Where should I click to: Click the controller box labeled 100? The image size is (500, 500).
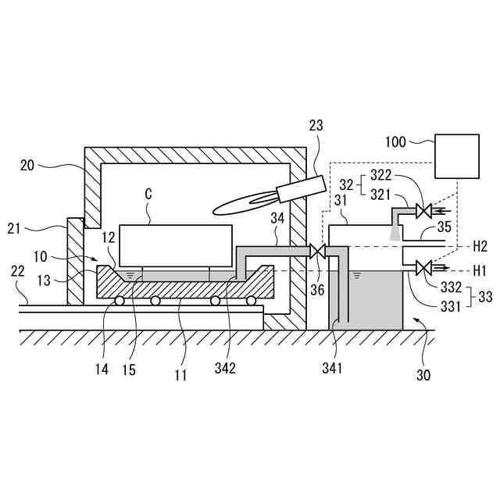pyautogui.click(x=456, y=157)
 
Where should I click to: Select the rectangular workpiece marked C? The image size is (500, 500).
pyautogui.click(x=176, y=246)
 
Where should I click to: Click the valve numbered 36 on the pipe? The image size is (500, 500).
pyautogui.click(x=317, y=252)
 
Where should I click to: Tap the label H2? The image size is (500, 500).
pyautogui.click(x=480, y=245)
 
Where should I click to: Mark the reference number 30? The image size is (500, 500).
pyautogui.click(x=423, y=375)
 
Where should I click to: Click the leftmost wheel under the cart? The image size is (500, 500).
pyautogui.click(x=120, y=301)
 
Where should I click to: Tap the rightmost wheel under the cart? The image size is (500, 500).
pyautogui.click(x=251, y=301)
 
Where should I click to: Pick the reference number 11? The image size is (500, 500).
pyautogui.click(x=180, y=375)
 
